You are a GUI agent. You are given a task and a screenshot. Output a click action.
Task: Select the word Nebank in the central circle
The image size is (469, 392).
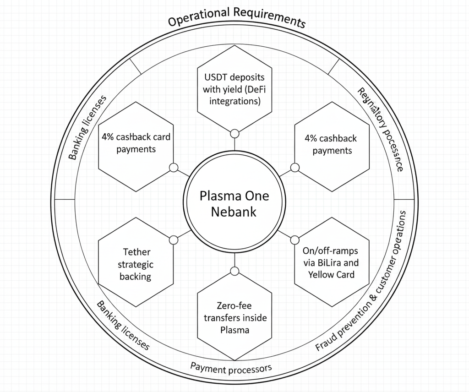tap(235, 212)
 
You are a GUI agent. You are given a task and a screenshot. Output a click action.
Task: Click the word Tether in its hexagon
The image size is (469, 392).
tap(137, 252)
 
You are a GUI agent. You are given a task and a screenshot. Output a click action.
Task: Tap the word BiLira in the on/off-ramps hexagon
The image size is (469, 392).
tap(344, 263)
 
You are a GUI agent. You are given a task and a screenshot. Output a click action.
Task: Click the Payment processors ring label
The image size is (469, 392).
tap(231, 367)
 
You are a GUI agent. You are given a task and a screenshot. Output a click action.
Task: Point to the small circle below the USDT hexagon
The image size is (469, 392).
tap(234, 134)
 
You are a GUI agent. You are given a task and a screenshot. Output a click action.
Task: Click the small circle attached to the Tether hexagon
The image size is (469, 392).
tap(174, 240)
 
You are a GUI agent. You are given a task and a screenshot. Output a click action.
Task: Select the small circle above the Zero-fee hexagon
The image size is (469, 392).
tap(234, 272)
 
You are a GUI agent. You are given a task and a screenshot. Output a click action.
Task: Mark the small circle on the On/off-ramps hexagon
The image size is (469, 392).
tap(294, 240)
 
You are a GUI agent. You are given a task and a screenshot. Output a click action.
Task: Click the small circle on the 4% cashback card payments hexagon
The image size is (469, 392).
tap(174, 168)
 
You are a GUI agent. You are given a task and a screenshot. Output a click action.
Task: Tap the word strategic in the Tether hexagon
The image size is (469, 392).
tap(136, 264)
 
